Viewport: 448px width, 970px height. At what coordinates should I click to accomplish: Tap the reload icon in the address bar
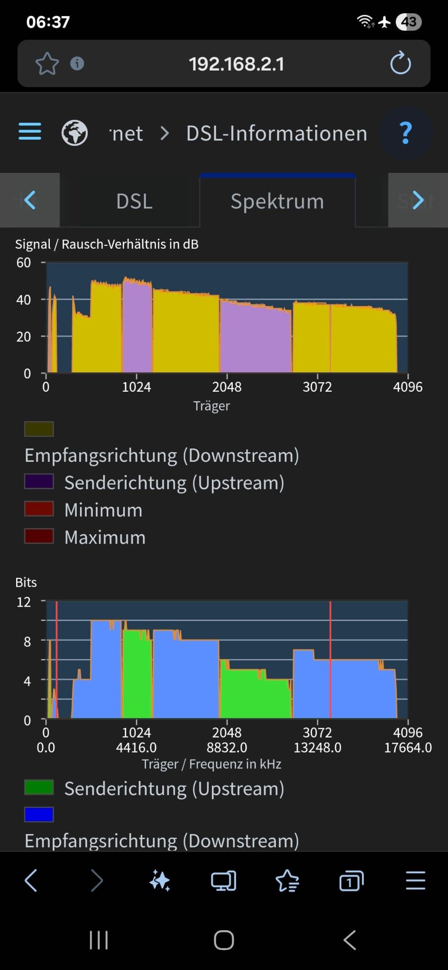[x=400, y=63]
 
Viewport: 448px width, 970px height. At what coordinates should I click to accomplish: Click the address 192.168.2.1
[x=236, y=64]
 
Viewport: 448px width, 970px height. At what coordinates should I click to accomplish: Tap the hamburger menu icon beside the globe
[x=30, y=132]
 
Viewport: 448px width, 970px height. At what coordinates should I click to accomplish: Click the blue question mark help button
[x=405, y=133]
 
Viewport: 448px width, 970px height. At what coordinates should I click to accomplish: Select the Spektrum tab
[x=277, y=201]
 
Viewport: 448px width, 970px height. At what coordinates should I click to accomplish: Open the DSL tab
[x=134, y=201]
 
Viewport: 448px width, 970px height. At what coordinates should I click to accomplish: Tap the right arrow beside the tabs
[x=417, y=200]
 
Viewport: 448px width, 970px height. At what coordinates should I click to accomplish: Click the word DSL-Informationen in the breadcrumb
[x=276, y=134]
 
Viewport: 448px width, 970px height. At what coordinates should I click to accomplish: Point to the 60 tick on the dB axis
[x=24, y=262]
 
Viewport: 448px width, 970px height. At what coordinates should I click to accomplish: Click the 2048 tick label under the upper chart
[x=227, y=387]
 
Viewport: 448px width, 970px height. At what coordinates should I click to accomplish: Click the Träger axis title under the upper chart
[x=211, y=406]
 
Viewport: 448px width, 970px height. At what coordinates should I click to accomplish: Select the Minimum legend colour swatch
[x=39, y=509]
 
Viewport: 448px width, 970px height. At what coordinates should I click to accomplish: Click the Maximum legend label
[x=105, y=538]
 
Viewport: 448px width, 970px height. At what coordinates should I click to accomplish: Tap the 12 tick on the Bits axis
[x=24, y=602]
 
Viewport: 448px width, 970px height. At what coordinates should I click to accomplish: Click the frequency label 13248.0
[x=317, y=747]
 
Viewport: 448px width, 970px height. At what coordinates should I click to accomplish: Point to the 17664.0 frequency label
[x=408, y=747]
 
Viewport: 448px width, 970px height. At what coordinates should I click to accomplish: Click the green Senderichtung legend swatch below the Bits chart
[x=39, y=788]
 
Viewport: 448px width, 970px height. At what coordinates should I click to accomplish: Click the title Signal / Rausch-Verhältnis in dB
[x=107, y=244]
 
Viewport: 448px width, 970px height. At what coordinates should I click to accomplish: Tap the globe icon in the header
[x=74, y=133]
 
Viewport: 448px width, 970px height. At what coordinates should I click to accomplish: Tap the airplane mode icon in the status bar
[x=385, y=22]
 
